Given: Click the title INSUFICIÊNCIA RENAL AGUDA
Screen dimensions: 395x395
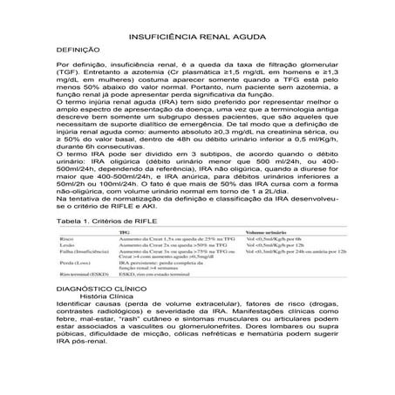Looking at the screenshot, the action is pos(196,41).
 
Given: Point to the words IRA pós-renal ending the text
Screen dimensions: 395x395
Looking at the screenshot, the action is pos(81,368).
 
